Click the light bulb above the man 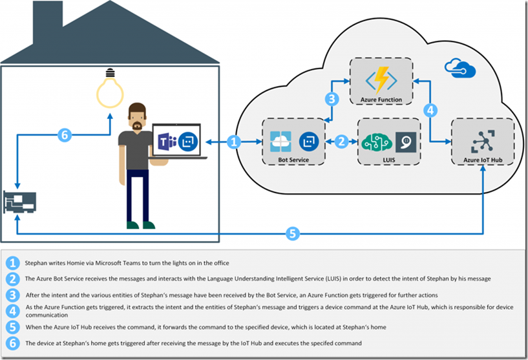[110, 89]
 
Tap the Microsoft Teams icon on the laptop [167, 142]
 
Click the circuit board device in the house [19, 202]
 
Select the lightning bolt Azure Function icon [381, 80]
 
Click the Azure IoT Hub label [483, 160]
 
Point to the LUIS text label [388, 160]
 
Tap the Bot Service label [293, 160]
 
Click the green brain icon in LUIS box [377, 142]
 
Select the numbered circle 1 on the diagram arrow [234, 142]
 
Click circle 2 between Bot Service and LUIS [341, 142]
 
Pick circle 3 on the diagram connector [332, 99]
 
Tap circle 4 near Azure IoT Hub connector [430, 110]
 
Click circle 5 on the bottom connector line [292, 233]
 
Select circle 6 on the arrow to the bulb [65, 135]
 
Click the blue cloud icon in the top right [460, 69]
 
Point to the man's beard [137, 127]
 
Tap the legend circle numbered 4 [12, 311]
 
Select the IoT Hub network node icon [483, 142]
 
